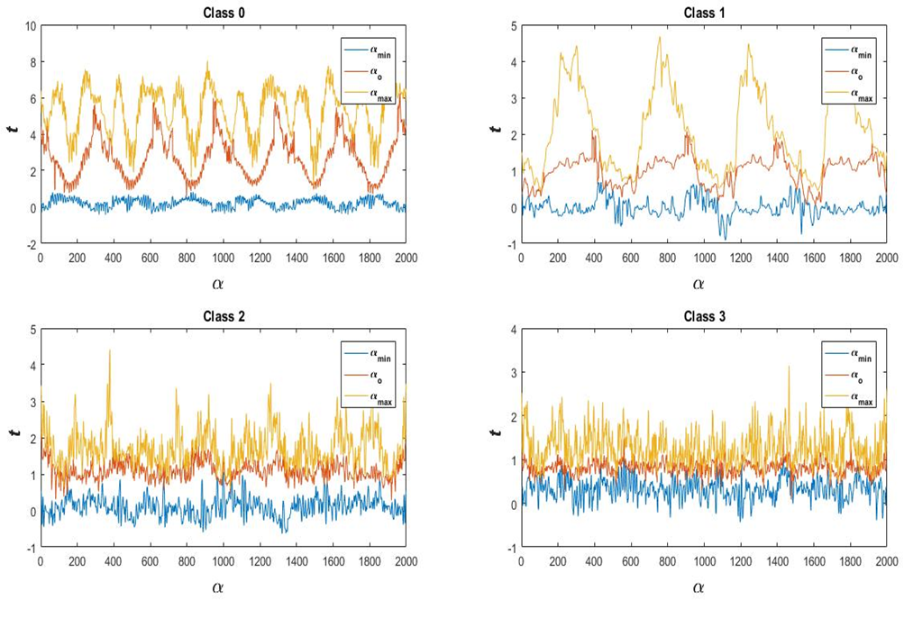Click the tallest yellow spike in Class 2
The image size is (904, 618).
[110, 350]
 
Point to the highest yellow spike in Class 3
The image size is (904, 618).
[789, 367]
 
